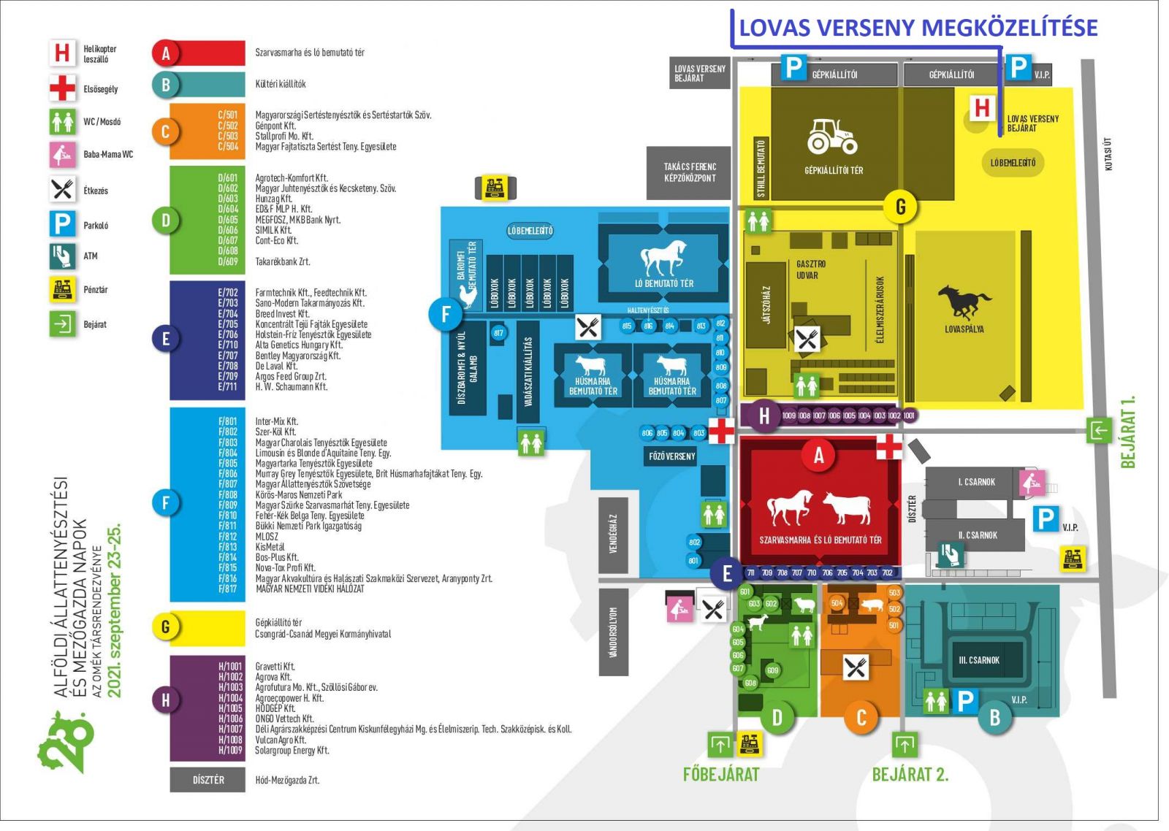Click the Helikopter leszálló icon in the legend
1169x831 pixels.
[x=62, y=53]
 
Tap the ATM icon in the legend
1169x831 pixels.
[x=62, y=256]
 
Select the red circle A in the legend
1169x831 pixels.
[x=166, y=53]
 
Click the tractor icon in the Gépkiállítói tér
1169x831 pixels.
[x=832, y=137]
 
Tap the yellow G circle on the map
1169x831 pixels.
[x=900, y=207]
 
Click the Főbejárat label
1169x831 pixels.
[x=721, y=775]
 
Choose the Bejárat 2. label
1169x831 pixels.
[x=910, y=775]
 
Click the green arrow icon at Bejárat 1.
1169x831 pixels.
[x=1100, y=431]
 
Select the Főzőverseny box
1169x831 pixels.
[x=671, y=456]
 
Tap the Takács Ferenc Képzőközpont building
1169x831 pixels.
[x=689, y=172]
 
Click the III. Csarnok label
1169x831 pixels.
[x=978, y=660]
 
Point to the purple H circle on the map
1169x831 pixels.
[x=764, y=415]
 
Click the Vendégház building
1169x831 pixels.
[x=613, y=533]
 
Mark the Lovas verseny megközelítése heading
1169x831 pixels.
[x=918, y=28]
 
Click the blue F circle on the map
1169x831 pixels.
[x=446, y=315]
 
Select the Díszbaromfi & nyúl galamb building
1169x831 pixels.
[x=468, y=369]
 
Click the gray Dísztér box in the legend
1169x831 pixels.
[x=207, y=780]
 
